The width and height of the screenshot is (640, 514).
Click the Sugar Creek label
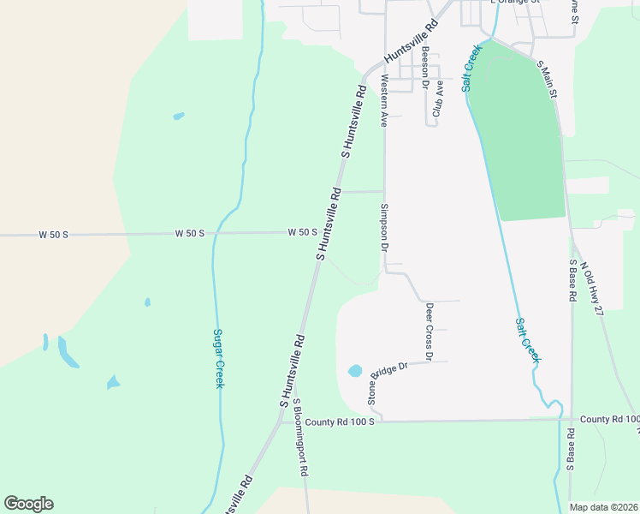click(218, 358)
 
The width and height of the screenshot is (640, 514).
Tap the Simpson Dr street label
click(385, 227)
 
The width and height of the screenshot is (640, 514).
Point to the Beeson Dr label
click(424, 64)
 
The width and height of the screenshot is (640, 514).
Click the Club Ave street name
click(439, 98)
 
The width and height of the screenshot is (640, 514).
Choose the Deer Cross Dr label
click(430, 332)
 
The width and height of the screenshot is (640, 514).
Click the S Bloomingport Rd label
click(300, 437)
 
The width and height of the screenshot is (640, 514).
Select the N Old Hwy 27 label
click(592, 289)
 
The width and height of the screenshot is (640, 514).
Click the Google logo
click(28, 504)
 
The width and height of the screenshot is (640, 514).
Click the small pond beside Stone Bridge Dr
click(354, 372)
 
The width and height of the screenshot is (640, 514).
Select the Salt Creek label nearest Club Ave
click(472, 67)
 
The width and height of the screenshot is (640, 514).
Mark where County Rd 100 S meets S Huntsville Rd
click(279, 421)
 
